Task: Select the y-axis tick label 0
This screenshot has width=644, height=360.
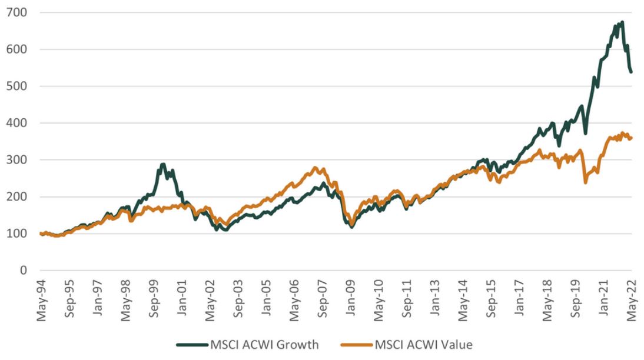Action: pyautogui.click(x=24, y=271)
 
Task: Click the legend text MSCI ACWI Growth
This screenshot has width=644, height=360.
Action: pyautogui.click(x=264, y=345)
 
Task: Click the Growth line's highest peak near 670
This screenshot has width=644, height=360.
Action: pyautogui.click(x=622, y=22)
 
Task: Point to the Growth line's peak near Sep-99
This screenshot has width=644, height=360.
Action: pyautogui.click(x=163, y=164)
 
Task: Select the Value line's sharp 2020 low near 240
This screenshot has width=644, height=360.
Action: pyautogui.click(x=585, y=182)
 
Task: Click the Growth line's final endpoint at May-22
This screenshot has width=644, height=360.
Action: pyautogui.click(x=632, y=72)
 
